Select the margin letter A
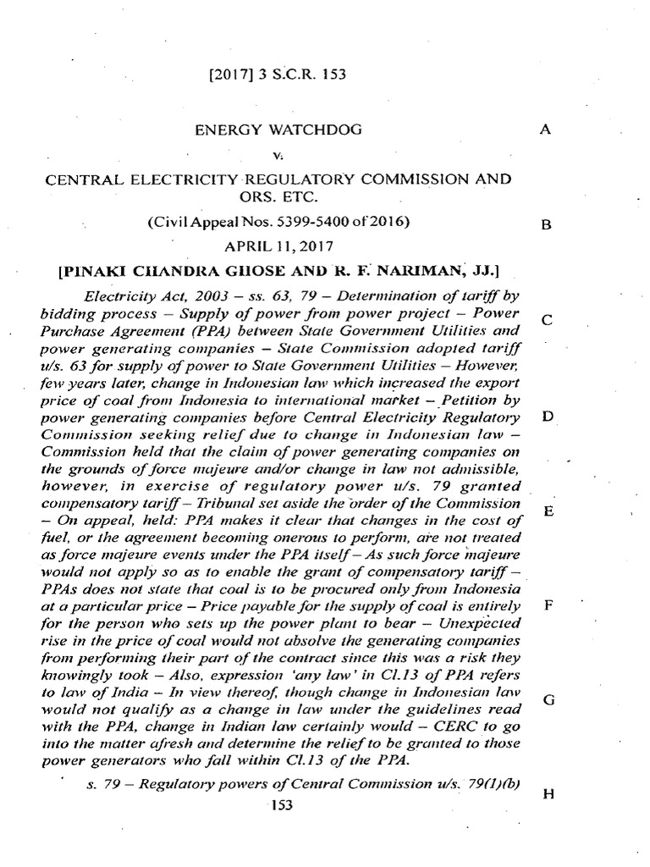[x=545, y=130]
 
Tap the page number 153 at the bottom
[x=280, y=806]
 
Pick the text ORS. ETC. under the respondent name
[x=267, y=197]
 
